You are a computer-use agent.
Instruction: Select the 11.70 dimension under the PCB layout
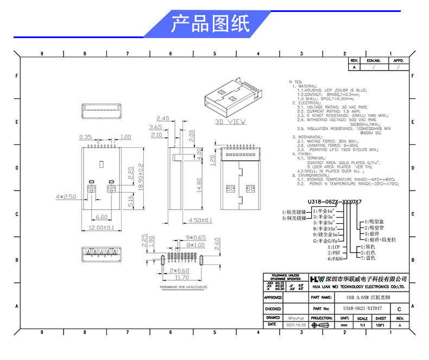182,277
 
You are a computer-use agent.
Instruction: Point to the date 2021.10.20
295,325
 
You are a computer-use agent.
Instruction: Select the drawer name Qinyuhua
295,318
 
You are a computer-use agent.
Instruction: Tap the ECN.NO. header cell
374,61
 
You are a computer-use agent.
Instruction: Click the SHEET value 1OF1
381,325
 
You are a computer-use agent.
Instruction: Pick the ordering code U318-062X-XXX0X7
335,201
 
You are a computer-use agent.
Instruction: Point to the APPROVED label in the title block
273,298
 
